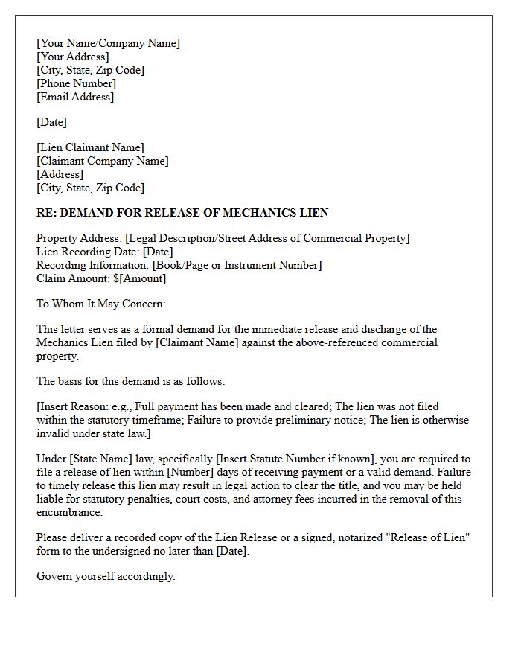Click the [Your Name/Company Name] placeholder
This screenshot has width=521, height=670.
(108, 43)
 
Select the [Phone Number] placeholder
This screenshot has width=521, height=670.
(76, 83)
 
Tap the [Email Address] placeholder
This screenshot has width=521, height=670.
(75, 97)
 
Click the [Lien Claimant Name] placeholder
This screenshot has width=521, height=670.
(90, 147)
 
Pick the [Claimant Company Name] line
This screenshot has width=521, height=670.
(103, 161)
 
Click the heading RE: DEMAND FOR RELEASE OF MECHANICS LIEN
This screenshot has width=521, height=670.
(182, 213)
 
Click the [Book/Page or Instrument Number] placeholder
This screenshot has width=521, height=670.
(237, 265)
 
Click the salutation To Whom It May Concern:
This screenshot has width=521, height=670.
(101, 304)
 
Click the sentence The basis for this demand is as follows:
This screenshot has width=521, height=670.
(130, 381)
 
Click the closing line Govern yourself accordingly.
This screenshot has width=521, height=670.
(106, 576)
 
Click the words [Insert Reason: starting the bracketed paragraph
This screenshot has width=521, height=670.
(75, 406)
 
